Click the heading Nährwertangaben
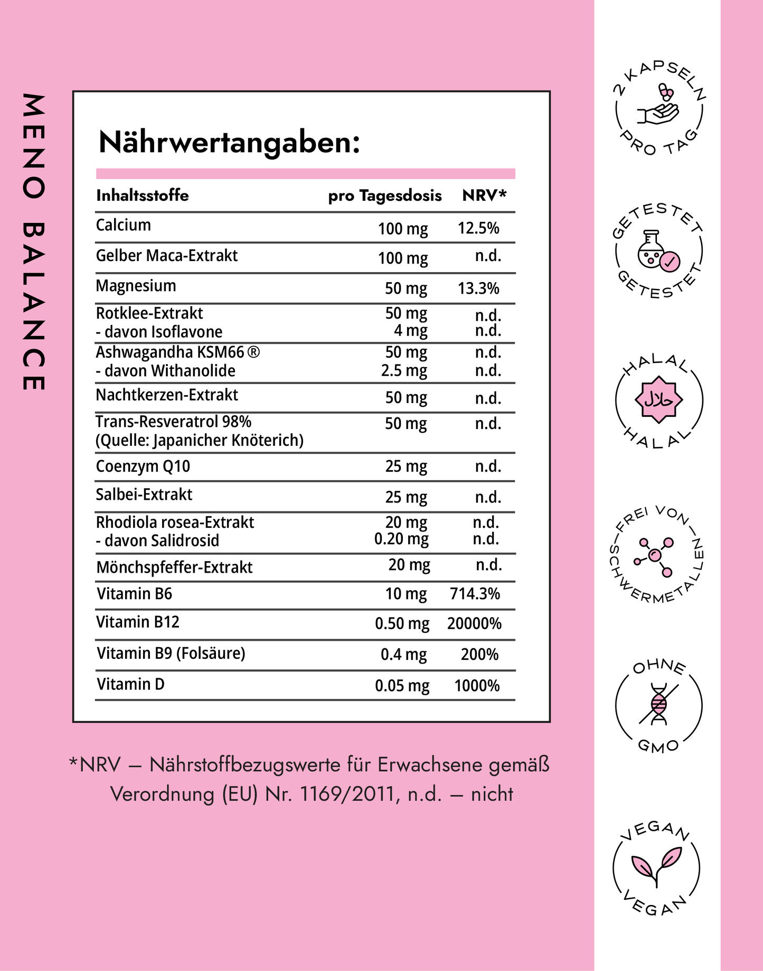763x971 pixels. coord(229,143)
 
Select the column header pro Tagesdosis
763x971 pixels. coord(384,195)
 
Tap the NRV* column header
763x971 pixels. coord(484,195)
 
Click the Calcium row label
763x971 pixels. coord(124,225)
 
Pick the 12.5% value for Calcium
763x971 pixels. coord(478,228)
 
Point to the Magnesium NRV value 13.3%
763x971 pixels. coord(478,288)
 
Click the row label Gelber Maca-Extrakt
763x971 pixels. coord(167,256)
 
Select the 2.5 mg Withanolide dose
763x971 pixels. coord(404,370)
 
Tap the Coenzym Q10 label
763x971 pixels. coord(143,466)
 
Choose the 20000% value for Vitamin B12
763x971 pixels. coord(474,624)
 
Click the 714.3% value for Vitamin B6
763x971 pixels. coord(475,594)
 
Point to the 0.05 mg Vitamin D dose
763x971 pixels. coord(402,686)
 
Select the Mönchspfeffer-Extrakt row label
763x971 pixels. coord(174,567)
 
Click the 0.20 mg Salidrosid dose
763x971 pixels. coord(401,539)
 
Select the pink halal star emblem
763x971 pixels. coord(658,399)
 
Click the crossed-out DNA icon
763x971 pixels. coord(658,704)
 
